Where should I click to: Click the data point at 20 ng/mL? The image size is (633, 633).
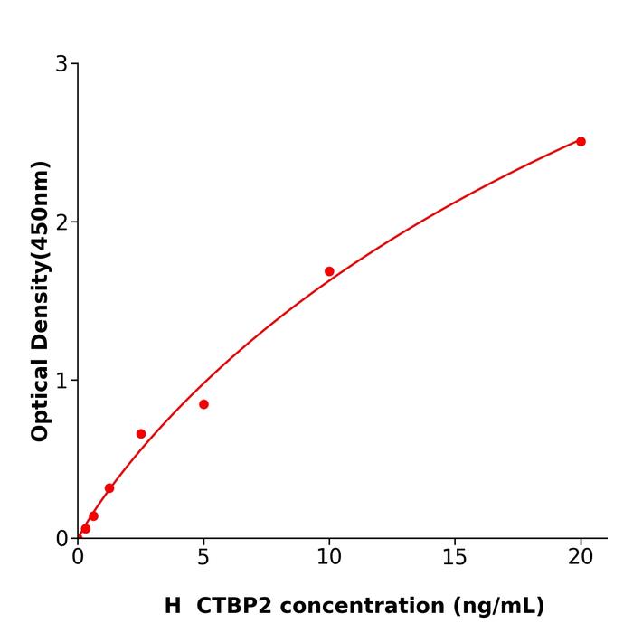[581, 141]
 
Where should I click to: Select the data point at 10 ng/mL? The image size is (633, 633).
[329, 271]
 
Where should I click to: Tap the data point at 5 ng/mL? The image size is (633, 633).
[203, 404]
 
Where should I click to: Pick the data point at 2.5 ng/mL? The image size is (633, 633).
[141, 434]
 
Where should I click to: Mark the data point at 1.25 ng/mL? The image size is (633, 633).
[109, 488]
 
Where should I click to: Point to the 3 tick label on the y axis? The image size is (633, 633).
[61, 64]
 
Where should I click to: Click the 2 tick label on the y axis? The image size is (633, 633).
[61, 222]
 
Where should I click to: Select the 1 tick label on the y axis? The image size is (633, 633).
[61, 381]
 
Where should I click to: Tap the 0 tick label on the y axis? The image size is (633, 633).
[61, 539]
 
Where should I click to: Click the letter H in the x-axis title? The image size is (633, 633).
[173, 606]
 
